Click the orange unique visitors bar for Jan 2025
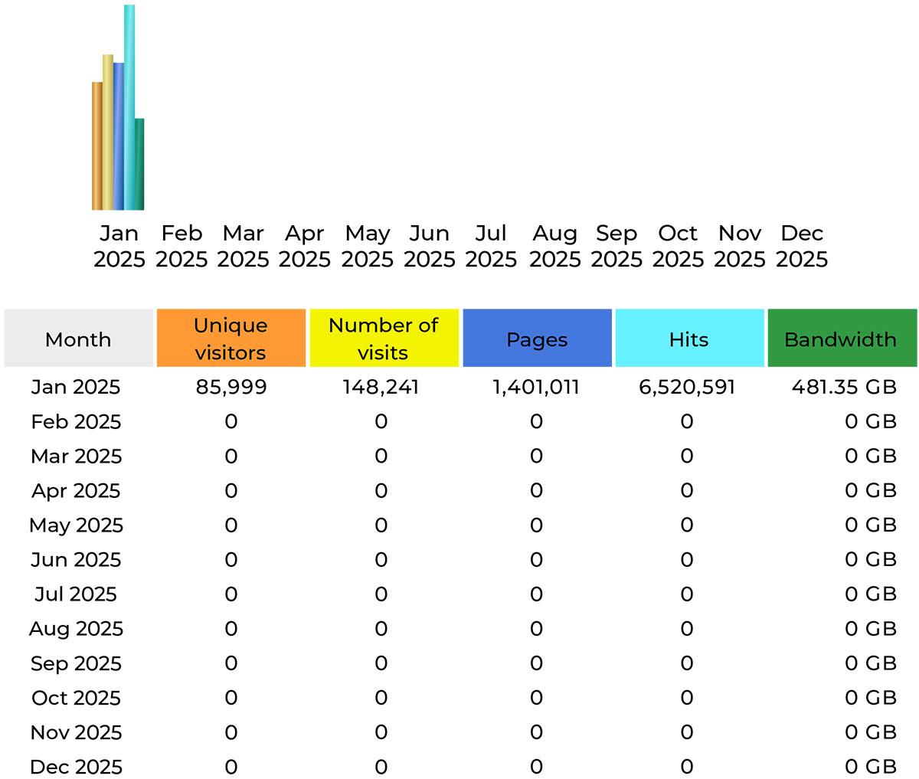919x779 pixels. pyautogui.click(x=96, y=146)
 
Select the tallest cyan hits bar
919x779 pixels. pyautogui.click(x=129, y=107)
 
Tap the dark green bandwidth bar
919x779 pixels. pyautogui.click(x=139, y=164)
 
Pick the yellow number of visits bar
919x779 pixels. pyautogui.click(x=108, y=132)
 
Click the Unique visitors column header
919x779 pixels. pyautogui.click(x=231, y=339)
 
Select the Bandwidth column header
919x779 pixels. pyautogui.click(x=841, y=339)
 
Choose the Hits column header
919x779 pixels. pyautogui.click(x=688, y=339)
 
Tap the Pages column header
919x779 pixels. pyautogui.click(x=537, y=339)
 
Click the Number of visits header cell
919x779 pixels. pyautogui.click(x=383, y=339)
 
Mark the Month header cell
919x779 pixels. pyautogui.click(x=78, y=339)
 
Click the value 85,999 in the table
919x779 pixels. pyautogui.click(x=231, y=387)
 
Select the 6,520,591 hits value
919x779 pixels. pyautogui.click(x=687, y=387)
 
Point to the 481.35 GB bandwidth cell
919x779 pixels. pyautogui.click(x=844, y=387)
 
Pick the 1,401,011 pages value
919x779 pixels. pyautogui.click(x=535, y=387)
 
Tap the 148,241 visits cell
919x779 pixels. pyautogui.click(x=381, y=387)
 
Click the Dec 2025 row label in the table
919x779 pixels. pyautogui.click(x=76, y=766)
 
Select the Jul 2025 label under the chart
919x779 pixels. pyautogui.click(x=491, y=246)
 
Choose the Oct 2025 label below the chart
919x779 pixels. pyautogui.click(x=678, y=246)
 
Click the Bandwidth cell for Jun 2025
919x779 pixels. pyautogui.click(x=870, y=559)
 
